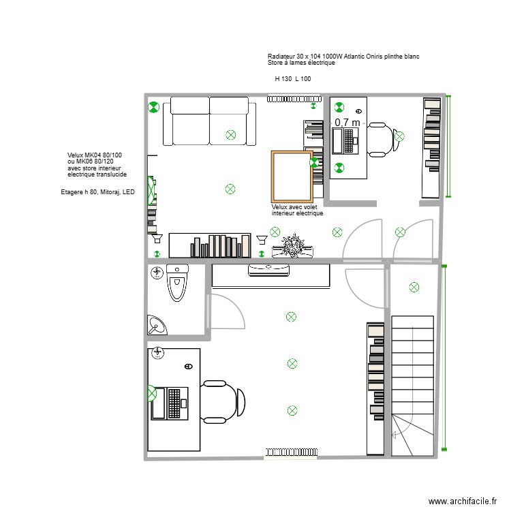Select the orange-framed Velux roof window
292,176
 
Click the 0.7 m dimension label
346,122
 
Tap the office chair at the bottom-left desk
223,401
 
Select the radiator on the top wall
292,98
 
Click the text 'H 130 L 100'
293,79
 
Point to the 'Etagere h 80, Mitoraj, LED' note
98,193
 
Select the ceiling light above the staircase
412,288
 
